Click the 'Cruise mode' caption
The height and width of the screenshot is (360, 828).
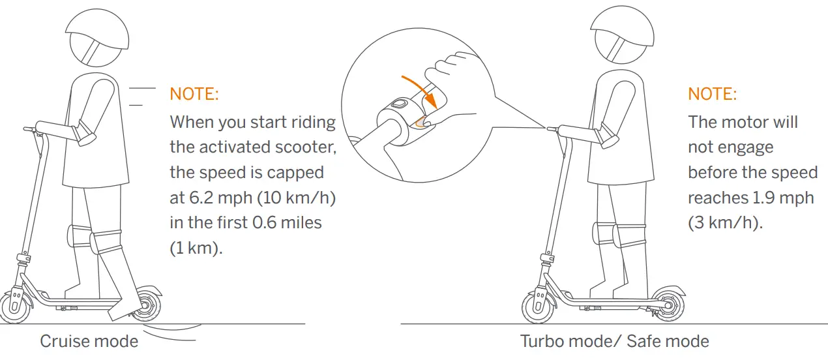tap(89, 341)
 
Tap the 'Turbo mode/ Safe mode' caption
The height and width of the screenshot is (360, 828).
tap(614, 341)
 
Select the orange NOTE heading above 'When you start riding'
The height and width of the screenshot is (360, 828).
tap(194, 94)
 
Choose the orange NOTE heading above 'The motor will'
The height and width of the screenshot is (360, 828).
tap(712, 94)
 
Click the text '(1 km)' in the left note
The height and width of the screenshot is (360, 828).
tap(196, 248)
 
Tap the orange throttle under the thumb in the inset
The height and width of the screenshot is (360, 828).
tap(422, 121)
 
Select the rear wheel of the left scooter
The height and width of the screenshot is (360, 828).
tap(146, 305)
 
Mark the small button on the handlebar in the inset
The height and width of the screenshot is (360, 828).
tap(398, 104)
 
